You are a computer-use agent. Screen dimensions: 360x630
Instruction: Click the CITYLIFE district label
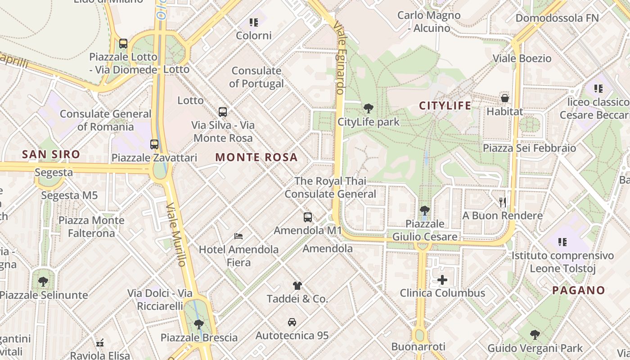(445, 106)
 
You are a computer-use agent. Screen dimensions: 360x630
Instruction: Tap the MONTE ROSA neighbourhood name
(256, 157)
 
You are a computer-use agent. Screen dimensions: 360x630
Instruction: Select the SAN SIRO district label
(51, 154)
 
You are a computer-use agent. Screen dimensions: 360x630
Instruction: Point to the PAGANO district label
(578, 290)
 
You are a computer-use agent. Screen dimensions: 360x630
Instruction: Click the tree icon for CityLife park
(368, 108)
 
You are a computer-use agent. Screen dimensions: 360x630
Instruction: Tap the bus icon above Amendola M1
(308, 217)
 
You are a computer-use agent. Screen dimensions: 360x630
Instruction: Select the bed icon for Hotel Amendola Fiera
(238, 236)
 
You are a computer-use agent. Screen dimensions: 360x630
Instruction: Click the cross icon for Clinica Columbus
(442, 280)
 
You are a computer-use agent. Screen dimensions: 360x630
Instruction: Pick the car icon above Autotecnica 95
(292, 322)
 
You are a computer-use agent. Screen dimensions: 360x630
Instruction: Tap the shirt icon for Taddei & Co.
(297, 285)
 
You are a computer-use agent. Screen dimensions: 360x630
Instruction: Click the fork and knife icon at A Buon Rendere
(503, 202)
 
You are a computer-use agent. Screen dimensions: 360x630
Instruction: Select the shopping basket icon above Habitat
(505, 98)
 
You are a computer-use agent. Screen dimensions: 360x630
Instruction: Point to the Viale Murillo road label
(176, 234)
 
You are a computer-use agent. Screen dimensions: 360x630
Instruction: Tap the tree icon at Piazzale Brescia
(198, 324)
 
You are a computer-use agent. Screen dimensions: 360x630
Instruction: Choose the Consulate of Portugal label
(256, 77)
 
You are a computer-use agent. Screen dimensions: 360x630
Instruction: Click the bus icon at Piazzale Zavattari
(154, 144)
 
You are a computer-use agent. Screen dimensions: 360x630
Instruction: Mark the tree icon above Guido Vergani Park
(535, 334)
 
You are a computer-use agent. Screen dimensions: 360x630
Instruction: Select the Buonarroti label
(418, 346)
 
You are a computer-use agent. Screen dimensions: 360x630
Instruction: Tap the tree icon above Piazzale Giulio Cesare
(424, 210)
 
